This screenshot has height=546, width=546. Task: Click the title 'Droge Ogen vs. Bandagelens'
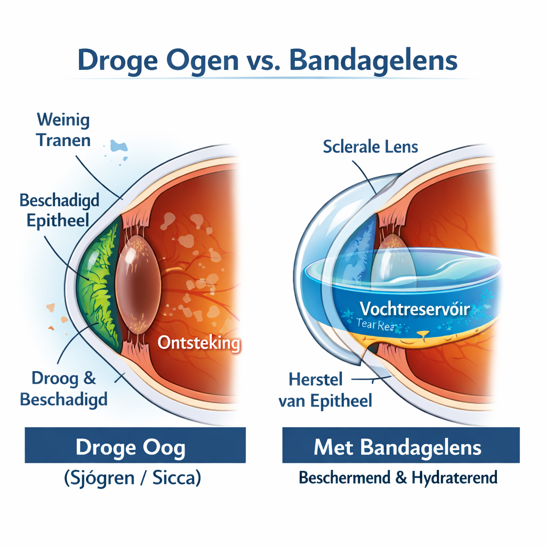point(267,60)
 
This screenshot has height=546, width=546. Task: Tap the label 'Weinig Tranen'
point(63,130)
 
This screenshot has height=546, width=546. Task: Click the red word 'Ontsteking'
point(199,342)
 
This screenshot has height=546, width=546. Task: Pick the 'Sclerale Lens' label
point(371,147)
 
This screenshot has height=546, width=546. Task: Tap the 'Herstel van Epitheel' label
point(325,390)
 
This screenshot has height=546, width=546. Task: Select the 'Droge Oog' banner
point(135,446)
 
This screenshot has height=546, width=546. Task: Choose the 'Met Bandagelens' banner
point(401,446)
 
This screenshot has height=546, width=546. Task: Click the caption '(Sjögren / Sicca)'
point(132,478)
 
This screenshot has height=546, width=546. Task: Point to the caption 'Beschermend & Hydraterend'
point(398,477)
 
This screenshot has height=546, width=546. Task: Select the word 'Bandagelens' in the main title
point(373,60)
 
